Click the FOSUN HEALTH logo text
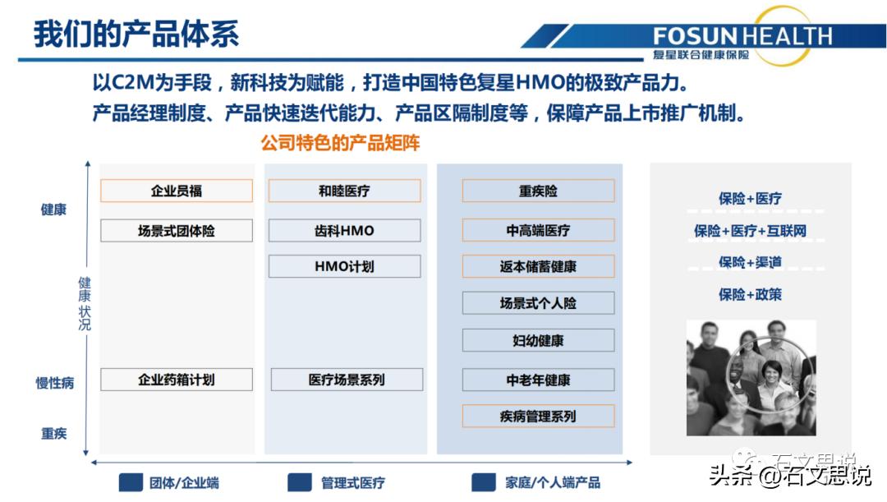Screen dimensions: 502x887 click(x=742, y=36)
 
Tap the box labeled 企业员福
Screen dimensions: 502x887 click(x=176, y=191)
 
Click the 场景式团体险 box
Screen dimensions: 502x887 click(x=176, y=231)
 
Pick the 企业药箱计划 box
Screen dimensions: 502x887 click(x=176, y=380)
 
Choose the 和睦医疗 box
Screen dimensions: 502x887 click(x=344, y=191)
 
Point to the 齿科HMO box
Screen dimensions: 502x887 click(x=344, y=231)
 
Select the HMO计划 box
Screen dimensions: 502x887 click(x=344, y=266)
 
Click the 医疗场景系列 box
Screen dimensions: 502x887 click(x=347, y=380)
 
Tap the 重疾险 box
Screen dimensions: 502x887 click(x=538, y=191)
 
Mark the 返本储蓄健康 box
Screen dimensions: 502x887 click(x=538, y=266)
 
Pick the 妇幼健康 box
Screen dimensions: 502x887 click(x=538, y=340)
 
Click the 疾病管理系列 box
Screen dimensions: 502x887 click(x=538, y=417)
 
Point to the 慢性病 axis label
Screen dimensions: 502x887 click(x=55, y=383)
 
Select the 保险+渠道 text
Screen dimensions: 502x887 click(x=750, y=262)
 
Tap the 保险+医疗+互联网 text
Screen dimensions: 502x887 click(x=750, y=231)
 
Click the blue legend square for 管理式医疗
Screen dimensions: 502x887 click(x=300, y=482)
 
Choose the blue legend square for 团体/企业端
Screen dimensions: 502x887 click(x=131, y=482)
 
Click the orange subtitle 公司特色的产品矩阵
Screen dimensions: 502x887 click(x=340, y=143)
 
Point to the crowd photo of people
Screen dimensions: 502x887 click(x=751, y=377)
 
